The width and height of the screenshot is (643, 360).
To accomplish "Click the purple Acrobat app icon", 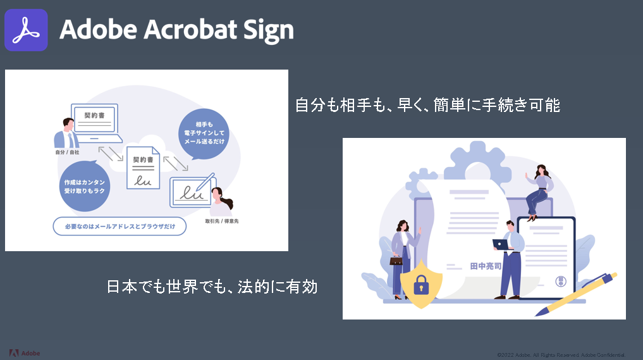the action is point(27,30).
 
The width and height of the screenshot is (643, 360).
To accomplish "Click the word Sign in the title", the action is point(266,30).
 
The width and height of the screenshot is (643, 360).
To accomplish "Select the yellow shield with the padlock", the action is point(421,283).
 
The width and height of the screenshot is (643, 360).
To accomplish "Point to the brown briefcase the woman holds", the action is point(396,260).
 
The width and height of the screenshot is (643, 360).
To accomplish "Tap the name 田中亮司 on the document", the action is point(486,266).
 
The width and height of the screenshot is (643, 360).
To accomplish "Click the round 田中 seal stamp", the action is point(560,281).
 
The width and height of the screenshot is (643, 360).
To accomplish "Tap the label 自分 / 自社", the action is point(65,152).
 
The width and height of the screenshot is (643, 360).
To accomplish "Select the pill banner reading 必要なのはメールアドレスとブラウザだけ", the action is point(119,226).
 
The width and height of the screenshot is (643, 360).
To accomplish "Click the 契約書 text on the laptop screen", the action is point(94,116).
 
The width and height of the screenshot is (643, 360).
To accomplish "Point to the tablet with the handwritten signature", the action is point(191,192).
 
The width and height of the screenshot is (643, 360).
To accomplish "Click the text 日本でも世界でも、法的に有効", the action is point(211,287).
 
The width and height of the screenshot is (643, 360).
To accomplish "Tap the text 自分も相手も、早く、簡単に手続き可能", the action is point(427,105).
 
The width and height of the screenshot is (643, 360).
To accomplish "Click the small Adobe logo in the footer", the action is point(25,352).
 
